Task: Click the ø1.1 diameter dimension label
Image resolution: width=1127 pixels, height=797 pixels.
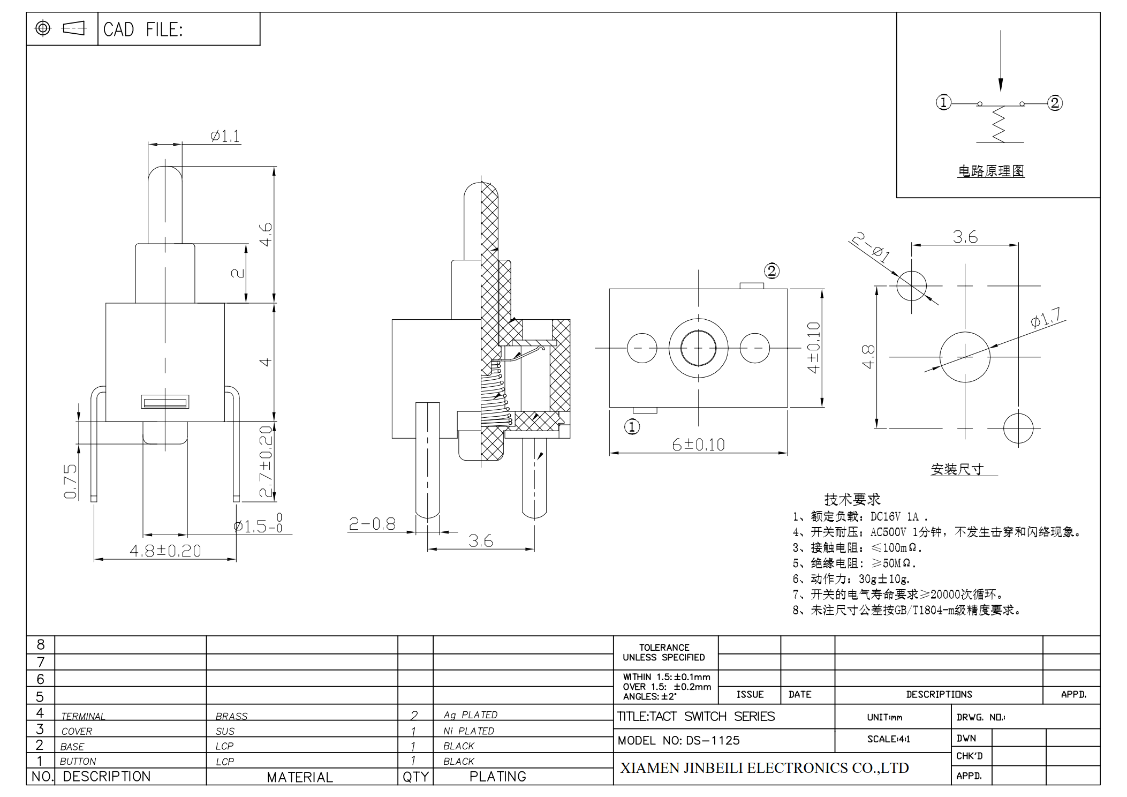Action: [225, 136]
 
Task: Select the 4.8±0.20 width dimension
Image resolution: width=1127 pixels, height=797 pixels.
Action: [165, 551]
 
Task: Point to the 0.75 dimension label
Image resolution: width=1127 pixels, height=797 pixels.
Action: [71, 482]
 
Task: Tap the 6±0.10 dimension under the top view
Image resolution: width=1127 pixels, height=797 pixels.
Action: [698, 445]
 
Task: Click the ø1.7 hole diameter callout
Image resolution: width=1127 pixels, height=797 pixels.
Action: [1046, 318]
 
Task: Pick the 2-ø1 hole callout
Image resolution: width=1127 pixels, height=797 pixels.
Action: [871, 246]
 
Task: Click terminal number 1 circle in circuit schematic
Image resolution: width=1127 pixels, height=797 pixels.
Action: [943, 102]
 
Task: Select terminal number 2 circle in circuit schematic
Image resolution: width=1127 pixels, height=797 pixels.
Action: [1055, 103]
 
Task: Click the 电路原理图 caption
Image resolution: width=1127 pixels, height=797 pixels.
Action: [991, 171]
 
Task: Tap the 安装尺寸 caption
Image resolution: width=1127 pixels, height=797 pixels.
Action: [957, 469]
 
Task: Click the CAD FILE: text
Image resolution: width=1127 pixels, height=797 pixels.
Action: [143, 29]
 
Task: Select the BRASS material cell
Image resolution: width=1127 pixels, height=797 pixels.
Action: [231, 716]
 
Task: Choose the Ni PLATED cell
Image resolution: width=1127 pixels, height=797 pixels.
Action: [468, 731]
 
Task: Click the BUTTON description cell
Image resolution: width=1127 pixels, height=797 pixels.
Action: [78, 761]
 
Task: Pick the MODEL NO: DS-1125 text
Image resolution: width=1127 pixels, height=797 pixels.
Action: [678, 740]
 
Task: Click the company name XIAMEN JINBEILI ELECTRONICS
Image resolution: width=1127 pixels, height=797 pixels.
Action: [764, 768]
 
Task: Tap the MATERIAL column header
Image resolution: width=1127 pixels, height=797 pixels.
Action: [300, 777]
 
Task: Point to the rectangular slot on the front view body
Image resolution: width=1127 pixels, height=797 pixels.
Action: [165, 402]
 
